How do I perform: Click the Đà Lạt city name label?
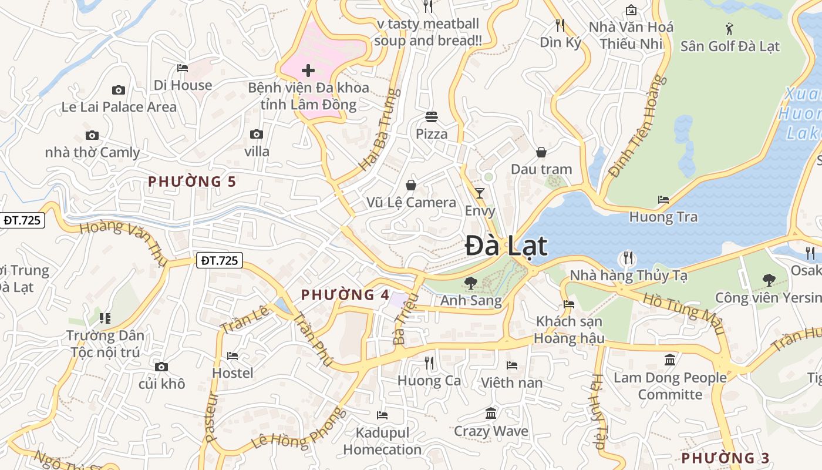coord(506,246)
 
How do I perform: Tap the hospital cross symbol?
coord(308,71)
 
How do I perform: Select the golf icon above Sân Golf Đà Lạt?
coord(730,28)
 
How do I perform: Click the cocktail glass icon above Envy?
coord(480,193)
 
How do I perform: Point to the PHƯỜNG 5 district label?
coord(192,182)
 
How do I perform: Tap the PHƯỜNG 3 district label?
coord(725,458)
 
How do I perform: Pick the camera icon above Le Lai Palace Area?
coord(119,90)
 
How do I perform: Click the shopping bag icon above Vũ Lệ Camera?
coord(411,185)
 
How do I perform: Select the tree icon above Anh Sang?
coord(470,283)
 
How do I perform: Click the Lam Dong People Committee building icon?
coord(670,360)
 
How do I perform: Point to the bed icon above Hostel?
coord(233,355)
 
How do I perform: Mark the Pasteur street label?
coord(211,417)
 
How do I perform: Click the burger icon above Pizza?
coord(432,116)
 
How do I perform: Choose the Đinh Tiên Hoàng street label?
coord(639,126)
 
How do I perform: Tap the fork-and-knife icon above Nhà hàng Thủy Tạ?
coord(628,257)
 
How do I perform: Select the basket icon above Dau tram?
coord(541,152)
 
